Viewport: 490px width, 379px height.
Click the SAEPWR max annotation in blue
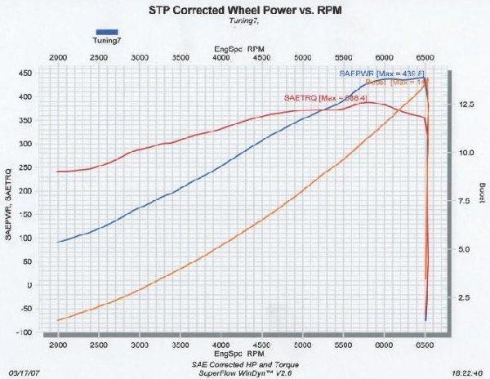tap(376, 73)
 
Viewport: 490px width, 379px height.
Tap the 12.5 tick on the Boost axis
tap(466, 105)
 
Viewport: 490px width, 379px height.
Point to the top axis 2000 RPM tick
tap(59, 59)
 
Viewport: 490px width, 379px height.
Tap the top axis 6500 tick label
tap(425, 59)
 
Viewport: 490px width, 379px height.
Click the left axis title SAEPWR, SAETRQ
tap(9, 201)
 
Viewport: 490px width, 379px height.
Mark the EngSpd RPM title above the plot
tap(242, 49)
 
